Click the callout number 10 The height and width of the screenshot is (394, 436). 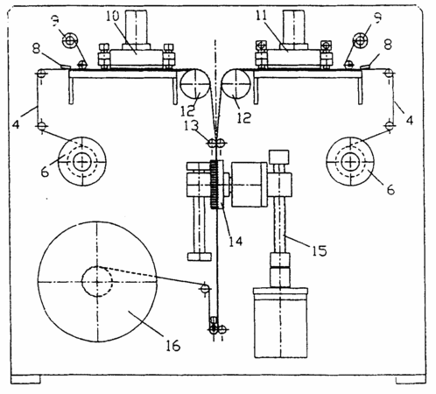pyautogui.click(x=113, y=16)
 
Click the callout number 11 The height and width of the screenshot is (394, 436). pyautogui.click(x=261, y=16)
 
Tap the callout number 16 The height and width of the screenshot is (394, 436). pyautogui.click(x=173, y=346)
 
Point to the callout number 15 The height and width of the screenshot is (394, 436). pyautogui.click(x=320, y=250)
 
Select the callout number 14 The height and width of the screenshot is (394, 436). pyautogui.click(x=236, y=241)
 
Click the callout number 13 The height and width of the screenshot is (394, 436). pyautogui.click(x=192, y=126)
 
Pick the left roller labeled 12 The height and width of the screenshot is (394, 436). pyautogui.click(x=195, y=84)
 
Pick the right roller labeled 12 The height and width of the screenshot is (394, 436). pyautogui.click(x=236, y=84)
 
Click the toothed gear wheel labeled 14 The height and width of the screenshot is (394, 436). pyautogui.click(x=214, y=185)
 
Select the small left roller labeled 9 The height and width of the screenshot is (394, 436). pyautogui.click(x=70, y=40)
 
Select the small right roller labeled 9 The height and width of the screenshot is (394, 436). pyautogui.click(x=361, y=40)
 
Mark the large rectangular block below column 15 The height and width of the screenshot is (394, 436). pyautogui.click(x=280, y=323)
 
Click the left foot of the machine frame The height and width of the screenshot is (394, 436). pyautogui.click(x=25, y=379)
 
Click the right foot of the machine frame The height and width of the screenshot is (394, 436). pyautogui.click(x=411, y=379)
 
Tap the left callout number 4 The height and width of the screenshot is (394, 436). pyautogui.click(x=16, y=124)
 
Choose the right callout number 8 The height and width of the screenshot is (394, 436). pyautogui.click(x=388, y=46)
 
